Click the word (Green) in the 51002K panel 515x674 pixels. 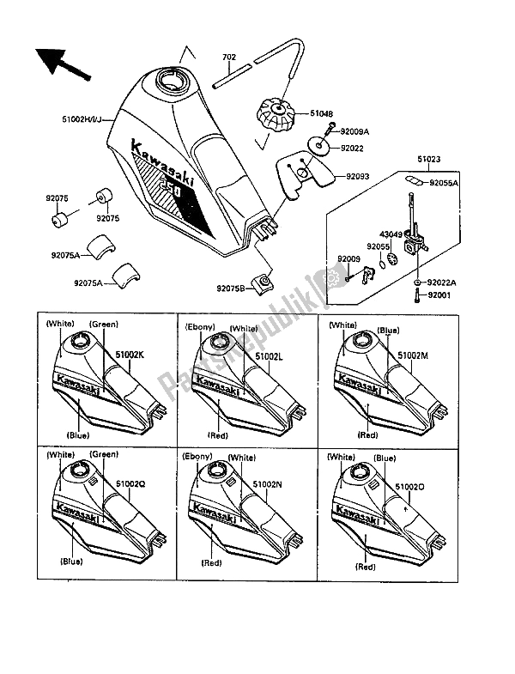(104, 325)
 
